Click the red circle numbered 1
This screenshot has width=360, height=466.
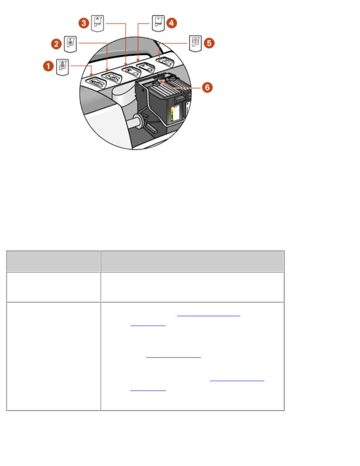pos(48,66)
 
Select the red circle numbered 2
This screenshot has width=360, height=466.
pos(56,44)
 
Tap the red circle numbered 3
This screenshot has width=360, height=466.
pos(84,23)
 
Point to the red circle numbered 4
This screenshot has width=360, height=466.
pos(171,23)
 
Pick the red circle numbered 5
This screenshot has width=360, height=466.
pos(209,43)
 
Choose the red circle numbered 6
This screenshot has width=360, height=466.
pos(207,88)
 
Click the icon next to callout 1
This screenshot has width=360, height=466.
pos(63,67)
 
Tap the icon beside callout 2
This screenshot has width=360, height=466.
pos(71,44)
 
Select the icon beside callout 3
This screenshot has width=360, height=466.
pos(98,23)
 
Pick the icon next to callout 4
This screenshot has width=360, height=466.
pos(158,23)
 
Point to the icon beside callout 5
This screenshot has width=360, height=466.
pos(195,43)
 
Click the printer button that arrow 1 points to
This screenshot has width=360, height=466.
pos(96,81)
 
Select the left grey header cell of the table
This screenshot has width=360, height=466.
pos(53,261)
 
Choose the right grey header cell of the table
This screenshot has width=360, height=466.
pos(192,261)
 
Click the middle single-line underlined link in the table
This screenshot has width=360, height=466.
pos(173,356)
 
